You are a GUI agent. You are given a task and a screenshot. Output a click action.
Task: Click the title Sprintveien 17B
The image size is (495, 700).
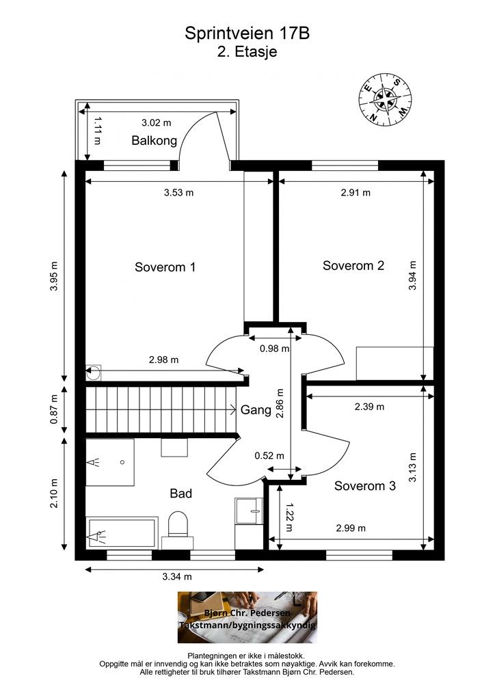pyautogui.click(x=247, y=33)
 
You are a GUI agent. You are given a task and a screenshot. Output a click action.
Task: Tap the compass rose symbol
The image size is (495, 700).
pyautogui.click(x=384, y=99)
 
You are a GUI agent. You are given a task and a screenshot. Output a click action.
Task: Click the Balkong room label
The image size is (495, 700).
pyautogui.click(x=154, y=141)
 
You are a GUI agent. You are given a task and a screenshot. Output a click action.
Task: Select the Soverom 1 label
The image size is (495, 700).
pyautogui.click(x=165, y=267)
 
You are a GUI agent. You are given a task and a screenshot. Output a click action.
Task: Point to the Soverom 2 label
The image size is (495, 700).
pyautogui.click(x=353, y=266)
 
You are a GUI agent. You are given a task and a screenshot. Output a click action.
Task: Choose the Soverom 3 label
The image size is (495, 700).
pyautogui.click(x=364, y=486)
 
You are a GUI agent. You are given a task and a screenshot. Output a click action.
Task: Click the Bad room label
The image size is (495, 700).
pyautogui.click(x=180, y=494)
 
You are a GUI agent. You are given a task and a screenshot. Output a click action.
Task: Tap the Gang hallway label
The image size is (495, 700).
pyautogui.click(x=256, y=410)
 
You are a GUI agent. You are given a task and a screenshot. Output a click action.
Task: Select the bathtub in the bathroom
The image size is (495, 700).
pyautogui.click(x=122, y=533)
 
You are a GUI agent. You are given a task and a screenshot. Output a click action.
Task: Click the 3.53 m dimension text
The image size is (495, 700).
pyautogui.click(x=179, y=193)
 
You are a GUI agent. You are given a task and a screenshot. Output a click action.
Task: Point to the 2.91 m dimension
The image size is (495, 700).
pyautogui.click(x=356, y=193)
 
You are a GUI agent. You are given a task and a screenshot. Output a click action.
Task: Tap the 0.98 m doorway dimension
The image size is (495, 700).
pyautogui.click(x=274, y=348)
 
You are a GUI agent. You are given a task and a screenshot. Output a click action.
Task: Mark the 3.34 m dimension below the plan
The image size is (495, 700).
pyautogui.click(x=177, y=576)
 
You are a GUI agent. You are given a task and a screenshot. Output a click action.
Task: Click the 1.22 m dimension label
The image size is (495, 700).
pyautogui.click(x=289, y=517)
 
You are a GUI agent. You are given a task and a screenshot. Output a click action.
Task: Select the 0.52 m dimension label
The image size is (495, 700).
pyautogui.click(x=269, y=456)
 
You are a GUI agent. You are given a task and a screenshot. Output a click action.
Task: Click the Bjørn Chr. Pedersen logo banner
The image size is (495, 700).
pyautogui.click(x=247, y=617)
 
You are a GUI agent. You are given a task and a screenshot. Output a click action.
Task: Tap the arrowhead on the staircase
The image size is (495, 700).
pyautogui.click(x=233, y=409)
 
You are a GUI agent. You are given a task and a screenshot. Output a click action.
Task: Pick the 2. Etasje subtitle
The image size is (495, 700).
pyautogui.click(x=247, y=51)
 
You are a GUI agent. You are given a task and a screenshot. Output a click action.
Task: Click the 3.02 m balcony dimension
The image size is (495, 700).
pyautogui.click(x=156, y=122)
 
